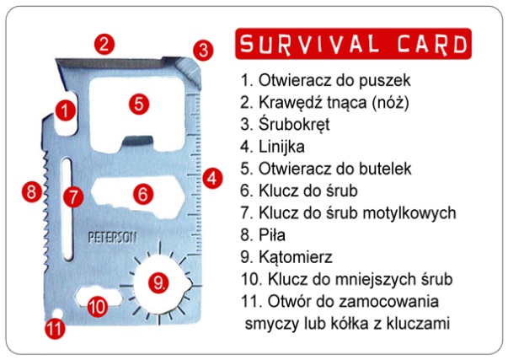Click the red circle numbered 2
point(104,44)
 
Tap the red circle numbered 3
point(203,51)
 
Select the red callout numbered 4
point(212,178)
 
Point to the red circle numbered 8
point(32,191)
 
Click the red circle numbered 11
point(55,328)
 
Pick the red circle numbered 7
point(73,197)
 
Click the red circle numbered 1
point(65,111)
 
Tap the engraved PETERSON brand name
point(112,238)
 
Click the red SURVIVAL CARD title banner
point(353,44)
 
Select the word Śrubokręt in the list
point(294,124)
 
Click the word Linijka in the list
point(281,147)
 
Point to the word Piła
point(272,235)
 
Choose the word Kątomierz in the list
point(296,257)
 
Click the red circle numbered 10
point(98,306)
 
